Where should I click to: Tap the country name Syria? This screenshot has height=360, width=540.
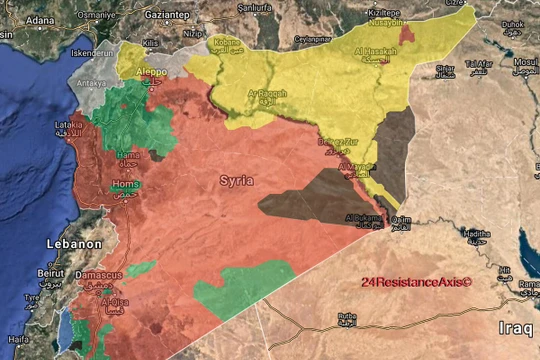[x=236, y=180]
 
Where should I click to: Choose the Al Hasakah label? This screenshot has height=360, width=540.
[x=375, y=51]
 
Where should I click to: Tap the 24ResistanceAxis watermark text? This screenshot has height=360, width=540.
[x=416, y=283]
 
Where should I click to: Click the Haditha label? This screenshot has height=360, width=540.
[x=475, y=233]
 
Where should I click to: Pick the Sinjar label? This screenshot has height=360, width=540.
[x=446, y=68]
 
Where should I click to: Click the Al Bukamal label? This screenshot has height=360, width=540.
[x=361, y=217]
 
